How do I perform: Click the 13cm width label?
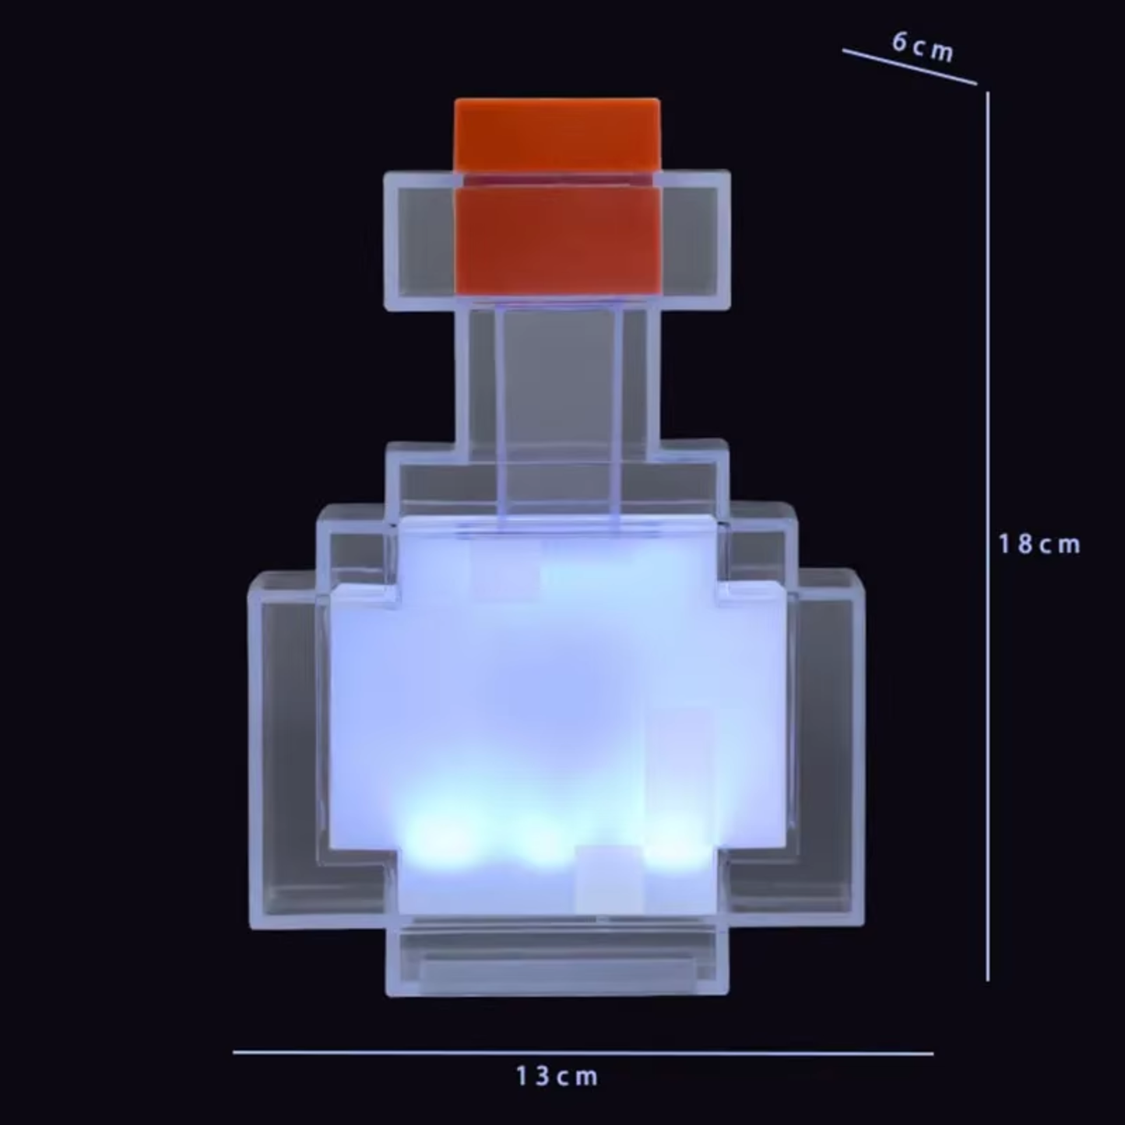557,1077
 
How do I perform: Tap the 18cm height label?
1039,544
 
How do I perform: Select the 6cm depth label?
922,47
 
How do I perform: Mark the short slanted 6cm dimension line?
909,67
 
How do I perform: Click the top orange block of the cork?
557,134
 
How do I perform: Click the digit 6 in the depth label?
900,43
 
